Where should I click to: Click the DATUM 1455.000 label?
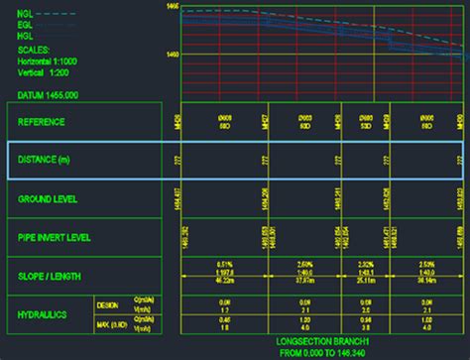tap(49, 95)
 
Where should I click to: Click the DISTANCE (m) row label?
tap(45, 160)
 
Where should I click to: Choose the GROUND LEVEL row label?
tap(48, 198)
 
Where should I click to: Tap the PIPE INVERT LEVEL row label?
tap(55, 237)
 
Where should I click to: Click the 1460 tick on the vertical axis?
tap(173, 55)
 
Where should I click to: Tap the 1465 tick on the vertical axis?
tap(173, 7)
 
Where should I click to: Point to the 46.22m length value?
tap(223, 283)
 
